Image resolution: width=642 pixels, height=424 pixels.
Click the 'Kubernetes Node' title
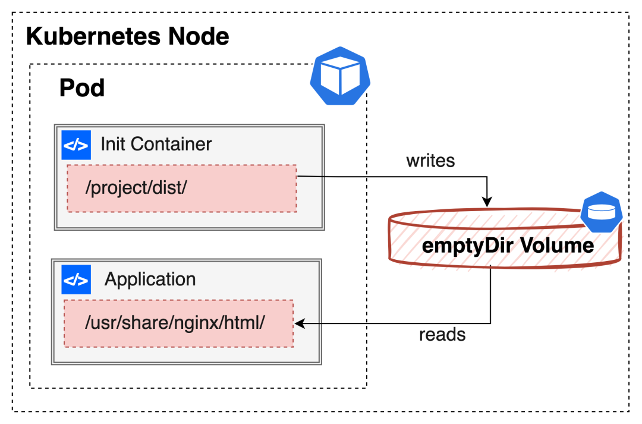click(x=128, y=37)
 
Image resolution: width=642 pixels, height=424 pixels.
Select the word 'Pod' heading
click(x=82, y=89)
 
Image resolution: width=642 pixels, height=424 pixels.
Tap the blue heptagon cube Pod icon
click(x=339, y=76)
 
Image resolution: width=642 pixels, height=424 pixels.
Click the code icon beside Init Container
click(x=76, y=145)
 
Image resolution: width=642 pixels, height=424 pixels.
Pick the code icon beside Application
click(x=76, y=279)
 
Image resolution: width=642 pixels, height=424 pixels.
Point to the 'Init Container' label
click(x=156, y=144)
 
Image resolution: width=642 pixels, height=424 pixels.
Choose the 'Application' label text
click(x=150, y=279)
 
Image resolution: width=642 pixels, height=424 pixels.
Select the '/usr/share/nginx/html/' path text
click(x=175, y=322)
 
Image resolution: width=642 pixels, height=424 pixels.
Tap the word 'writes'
click(x=430, y=161)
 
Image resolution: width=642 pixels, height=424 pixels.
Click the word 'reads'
click(x=442, y=335)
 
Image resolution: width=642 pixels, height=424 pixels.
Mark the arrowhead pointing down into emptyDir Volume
click(x=488, y=202)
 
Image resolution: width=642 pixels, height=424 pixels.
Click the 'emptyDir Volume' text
click(x=508, y=245)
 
